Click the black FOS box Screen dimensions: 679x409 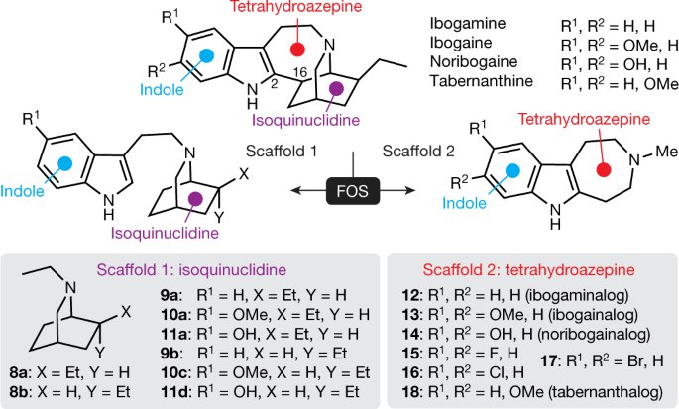tap(353, 191)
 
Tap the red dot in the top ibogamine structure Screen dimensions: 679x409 tap(297, 50)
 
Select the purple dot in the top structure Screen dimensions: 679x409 tap(336, 89)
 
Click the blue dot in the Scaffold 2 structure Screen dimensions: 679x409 tap(512, 170)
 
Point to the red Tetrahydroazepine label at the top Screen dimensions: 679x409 tap(295, 7)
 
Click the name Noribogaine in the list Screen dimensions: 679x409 tap(473, 61)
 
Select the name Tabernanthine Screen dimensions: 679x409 tap(481, 81)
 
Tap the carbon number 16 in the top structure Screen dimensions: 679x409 tap(300, 71)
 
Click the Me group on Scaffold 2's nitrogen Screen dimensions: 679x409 tap(666, 152)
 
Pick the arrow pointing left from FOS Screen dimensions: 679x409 tap(308, 190)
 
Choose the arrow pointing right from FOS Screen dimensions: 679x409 tap(397, 190)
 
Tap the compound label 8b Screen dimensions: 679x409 tap(20, 392)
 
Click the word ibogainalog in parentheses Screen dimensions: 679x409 tap(593, 315)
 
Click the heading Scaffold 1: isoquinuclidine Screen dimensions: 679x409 tap(191, 270)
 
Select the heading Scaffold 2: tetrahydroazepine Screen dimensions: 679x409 tap(529, 270)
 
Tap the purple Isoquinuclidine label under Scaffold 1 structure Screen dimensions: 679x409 tap(165, 233)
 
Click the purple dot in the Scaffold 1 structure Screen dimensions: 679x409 tap(195, 199)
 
